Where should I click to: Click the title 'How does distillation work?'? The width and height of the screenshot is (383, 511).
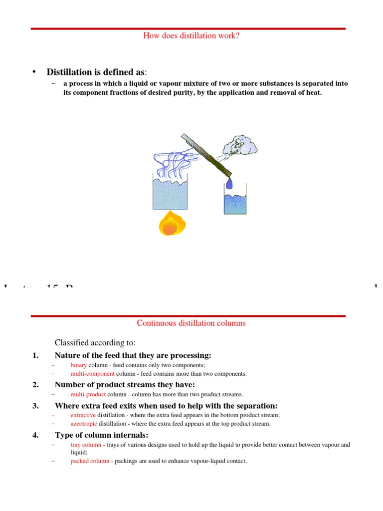(191, 35)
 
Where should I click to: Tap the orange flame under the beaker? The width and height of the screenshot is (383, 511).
(170, 224)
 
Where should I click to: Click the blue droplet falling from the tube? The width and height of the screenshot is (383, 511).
(229, 183)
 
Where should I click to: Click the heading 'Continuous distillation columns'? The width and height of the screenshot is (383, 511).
(191, 323)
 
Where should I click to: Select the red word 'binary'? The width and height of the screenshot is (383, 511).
(79, 365)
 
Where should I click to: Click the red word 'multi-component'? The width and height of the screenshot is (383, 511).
(93, 374)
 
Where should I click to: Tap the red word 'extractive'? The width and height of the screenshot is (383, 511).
(83, 415)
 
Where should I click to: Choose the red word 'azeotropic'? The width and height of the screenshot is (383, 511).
(84, 424)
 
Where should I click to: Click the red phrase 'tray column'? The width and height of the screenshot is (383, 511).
(86, 445)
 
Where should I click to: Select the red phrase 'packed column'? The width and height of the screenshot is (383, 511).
(90, 461)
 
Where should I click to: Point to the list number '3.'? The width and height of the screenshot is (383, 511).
(35, 406)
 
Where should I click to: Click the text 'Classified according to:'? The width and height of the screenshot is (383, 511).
(95, 342)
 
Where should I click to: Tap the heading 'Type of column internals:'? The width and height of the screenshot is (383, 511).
(101, 435)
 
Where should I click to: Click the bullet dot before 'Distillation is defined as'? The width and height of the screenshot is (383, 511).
(34, 72)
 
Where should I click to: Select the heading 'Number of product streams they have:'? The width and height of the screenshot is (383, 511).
(125, 384)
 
